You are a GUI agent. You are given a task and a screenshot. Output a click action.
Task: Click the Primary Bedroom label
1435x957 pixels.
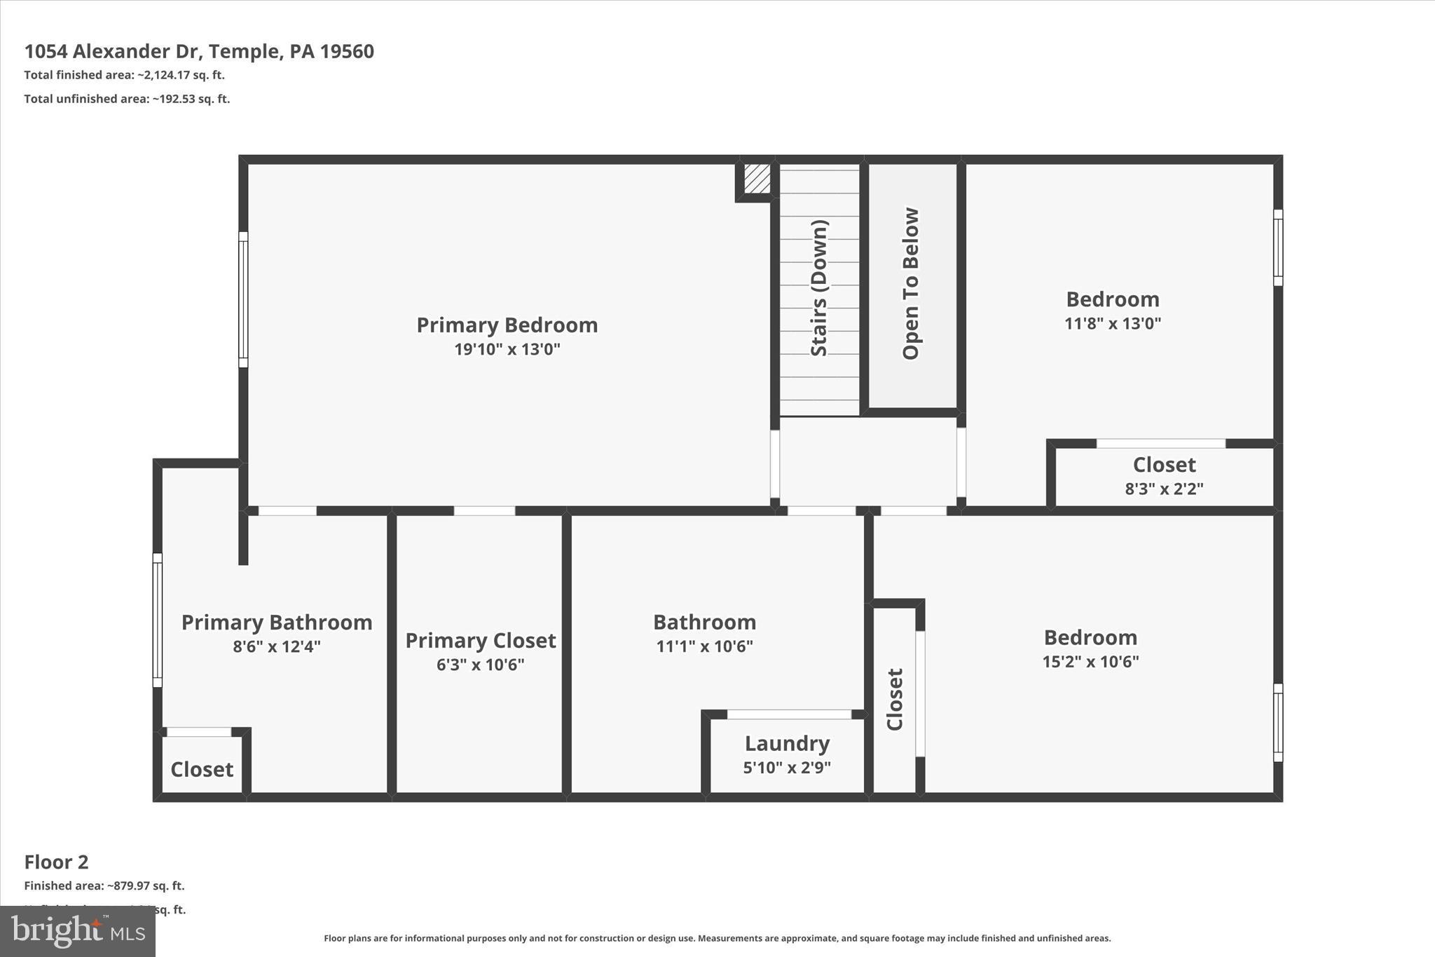[507, 325]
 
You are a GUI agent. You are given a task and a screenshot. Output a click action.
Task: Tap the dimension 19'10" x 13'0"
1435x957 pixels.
[507, 349]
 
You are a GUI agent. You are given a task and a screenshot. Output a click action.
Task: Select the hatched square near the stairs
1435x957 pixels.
[757, 179]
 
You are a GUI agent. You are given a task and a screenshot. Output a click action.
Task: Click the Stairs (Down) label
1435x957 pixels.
[819, 288]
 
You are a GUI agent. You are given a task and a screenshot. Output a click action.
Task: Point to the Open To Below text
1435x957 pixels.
[910, 284]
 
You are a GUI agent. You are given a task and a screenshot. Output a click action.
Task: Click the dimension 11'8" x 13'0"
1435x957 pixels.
[1113, 324]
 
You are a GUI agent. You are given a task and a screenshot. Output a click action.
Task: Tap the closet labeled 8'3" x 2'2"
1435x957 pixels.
[1164, 476]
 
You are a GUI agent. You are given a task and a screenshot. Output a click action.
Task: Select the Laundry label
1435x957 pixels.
[787, 743]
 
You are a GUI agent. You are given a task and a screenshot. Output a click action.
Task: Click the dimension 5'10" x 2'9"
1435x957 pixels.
[787, 768]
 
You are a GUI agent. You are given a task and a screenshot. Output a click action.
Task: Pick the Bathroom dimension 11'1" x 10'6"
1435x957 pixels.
[704, 646]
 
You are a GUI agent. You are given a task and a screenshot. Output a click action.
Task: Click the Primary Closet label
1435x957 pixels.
[481, 641]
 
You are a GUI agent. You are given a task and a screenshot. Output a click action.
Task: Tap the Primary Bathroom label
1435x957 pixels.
[277, 623]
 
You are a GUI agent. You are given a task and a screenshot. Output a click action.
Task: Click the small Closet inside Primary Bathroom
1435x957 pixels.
[202, 769]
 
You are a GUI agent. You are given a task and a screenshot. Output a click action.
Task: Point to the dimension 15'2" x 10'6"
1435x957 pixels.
[1090, 662]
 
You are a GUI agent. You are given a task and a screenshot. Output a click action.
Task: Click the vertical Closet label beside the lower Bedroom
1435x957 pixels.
[895, 699]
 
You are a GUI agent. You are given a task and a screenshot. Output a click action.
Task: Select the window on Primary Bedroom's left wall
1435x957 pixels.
[243, 299]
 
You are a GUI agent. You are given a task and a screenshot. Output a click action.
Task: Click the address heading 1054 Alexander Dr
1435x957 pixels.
[199, 51]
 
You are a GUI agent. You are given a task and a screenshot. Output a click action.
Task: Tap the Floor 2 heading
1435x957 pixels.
[56, 862]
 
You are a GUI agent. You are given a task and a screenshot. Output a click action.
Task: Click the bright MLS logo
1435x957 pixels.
[78, 931]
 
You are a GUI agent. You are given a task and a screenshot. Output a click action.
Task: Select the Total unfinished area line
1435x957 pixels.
[127, 99]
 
